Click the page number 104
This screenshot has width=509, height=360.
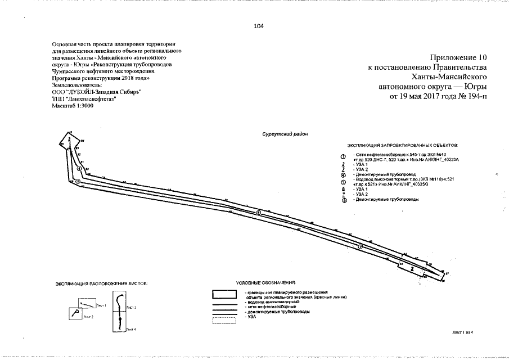[259, 26]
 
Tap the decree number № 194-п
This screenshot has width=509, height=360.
[474, 96]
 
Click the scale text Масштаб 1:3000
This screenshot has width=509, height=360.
[73, 106]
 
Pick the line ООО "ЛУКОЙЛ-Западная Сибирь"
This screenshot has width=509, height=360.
[96, 91]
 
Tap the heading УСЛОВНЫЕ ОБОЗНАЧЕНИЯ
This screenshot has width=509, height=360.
[266, 282]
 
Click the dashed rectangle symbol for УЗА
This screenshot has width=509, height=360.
[222, 321]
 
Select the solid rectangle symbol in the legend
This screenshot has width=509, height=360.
[222, 294]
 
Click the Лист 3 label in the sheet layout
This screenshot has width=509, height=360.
[132, 308]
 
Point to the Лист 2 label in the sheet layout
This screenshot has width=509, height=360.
[88, 317]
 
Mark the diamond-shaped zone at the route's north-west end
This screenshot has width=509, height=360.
[67, 141]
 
